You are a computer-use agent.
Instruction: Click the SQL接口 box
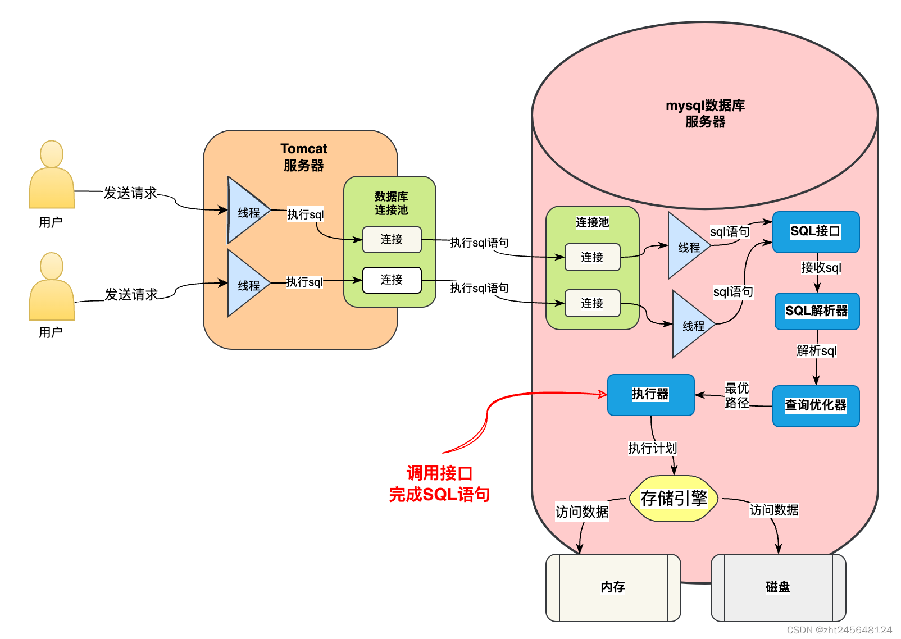point(816,232)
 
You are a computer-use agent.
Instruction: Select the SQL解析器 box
point(817,311)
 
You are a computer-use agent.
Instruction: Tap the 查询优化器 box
point(816,405)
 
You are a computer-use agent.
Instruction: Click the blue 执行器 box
point(650,394)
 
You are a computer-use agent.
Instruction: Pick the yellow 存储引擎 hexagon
point(674,498)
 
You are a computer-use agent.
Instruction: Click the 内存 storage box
point(613,587)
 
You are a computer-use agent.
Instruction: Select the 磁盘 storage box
point(778,587)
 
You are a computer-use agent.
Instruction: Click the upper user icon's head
point(52,154)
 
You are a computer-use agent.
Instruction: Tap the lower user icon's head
point(52,266)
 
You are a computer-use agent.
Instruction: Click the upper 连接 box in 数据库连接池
point(392,240)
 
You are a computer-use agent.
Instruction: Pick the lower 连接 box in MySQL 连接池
point(592,303)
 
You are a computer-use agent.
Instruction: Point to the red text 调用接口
point(439,473)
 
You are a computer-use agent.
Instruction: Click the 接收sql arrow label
point(821,267)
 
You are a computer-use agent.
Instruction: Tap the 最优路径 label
point(736,395)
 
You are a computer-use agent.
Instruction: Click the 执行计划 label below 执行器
point(652,448)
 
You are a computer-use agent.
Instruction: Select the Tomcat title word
point(304,149)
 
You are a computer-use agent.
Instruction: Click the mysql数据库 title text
point(705,106)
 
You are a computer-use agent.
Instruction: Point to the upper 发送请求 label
point(130,193)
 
